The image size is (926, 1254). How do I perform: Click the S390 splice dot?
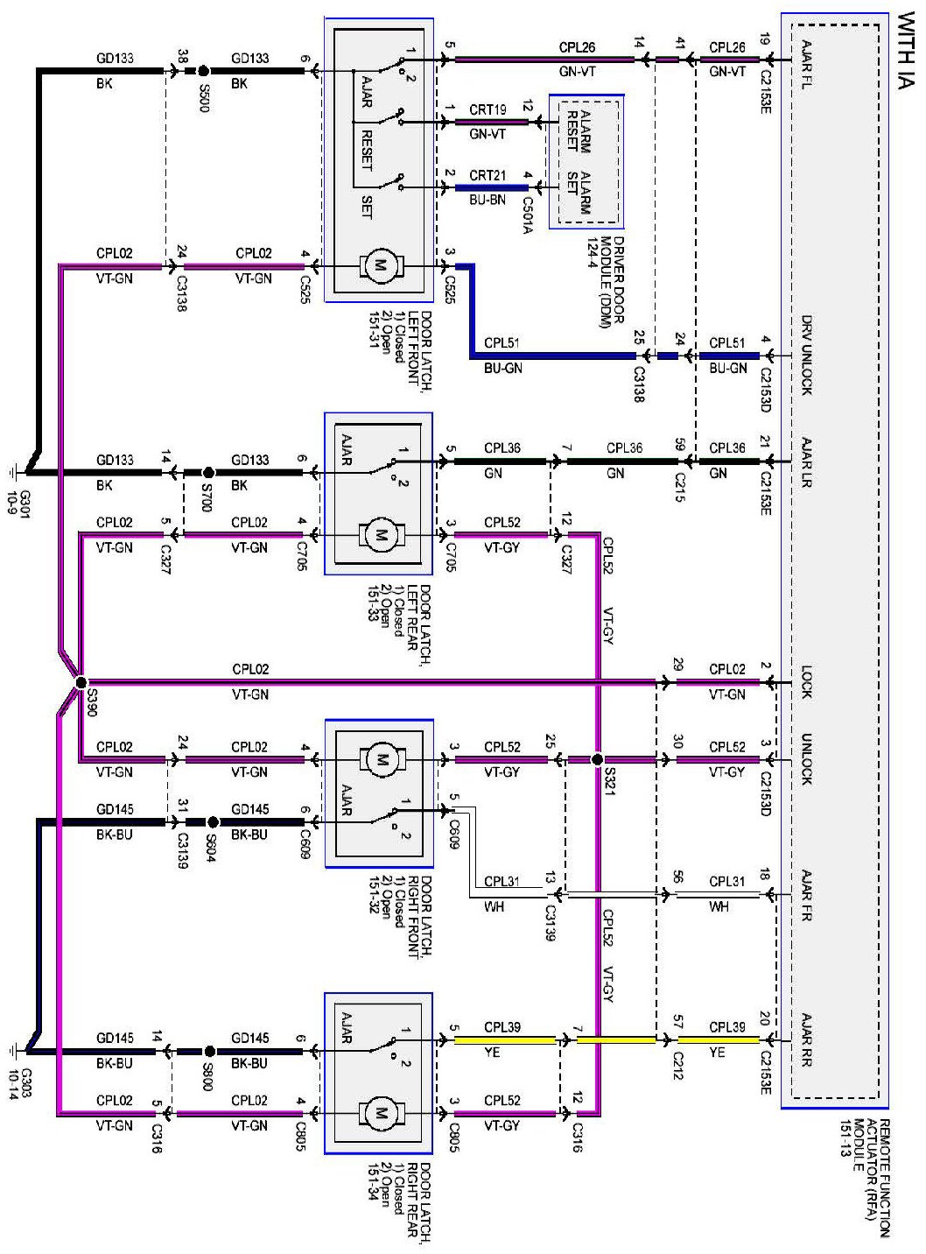(81, 682)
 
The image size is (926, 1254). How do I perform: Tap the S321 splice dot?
(597, 759)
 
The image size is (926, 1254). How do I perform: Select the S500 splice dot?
(204, 71)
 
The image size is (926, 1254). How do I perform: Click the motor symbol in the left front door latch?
(381, 265)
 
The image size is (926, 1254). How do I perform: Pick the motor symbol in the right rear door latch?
(381, 1113)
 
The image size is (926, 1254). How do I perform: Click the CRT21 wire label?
(488, 175)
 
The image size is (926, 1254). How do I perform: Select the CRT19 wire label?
(488, 109)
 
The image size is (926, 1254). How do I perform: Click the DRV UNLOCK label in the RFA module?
(807, 355)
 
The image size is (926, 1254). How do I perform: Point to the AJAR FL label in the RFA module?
(807, 65)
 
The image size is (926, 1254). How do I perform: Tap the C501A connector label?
(528, 215)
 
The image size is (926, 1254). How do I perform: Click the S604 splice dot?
(213, 821)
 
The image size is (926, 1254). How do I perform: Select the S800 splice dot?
(209, 1051)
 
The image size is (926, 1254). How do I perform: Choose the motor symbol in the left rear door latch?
(381, 534)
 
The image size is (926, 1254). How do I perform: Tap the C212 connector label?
(679, 1066)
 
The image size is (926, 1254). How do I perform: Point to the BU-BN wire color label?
(488, 201)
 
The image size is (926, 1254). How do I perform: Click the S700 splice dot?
(208, 471)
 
